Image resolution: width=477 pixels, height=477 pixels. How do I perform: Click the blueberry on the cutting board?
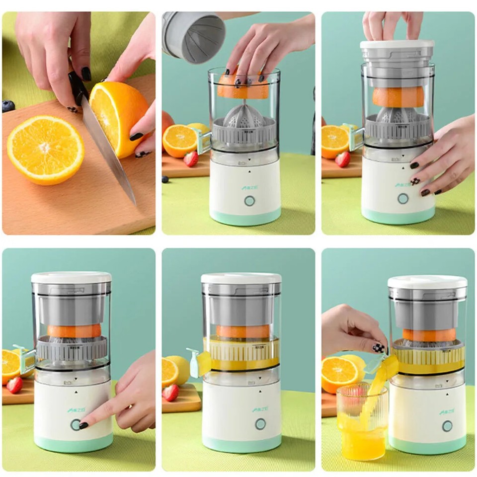click(x=8, y=106)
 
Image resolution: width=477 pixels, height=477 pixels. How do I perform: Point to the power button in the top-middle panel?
click(x=249, y=201)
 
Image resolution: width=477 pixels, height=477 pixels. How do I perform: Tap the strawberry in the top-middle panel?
click(x=191, y=159)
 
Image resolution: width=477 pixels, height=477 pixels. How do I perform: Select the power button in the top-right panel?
click(x=403, y=198)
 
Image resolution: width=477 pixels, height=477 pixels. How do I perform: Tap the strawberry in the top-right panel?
click(x=342, y=159)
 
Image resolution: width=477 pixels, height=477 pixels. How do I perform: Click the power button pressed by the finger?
click(x=76, y=424)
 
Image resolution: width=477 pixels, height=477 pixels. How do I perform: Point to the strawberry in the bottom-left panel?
click(x=14, y=385)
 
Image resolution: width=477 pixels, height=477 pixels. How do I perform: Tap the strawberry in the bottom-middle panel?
click(x=171, y=393)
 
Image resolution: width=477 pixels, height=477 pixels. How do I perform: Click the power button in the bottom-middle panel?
click(x=260, y=424)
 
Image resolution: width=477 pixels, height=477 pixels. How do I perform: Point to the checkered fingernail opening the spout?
click(x=379, y=348)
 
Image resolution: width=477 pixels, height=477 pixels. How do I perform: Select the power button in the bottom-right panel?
click(x=447, y=426)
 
